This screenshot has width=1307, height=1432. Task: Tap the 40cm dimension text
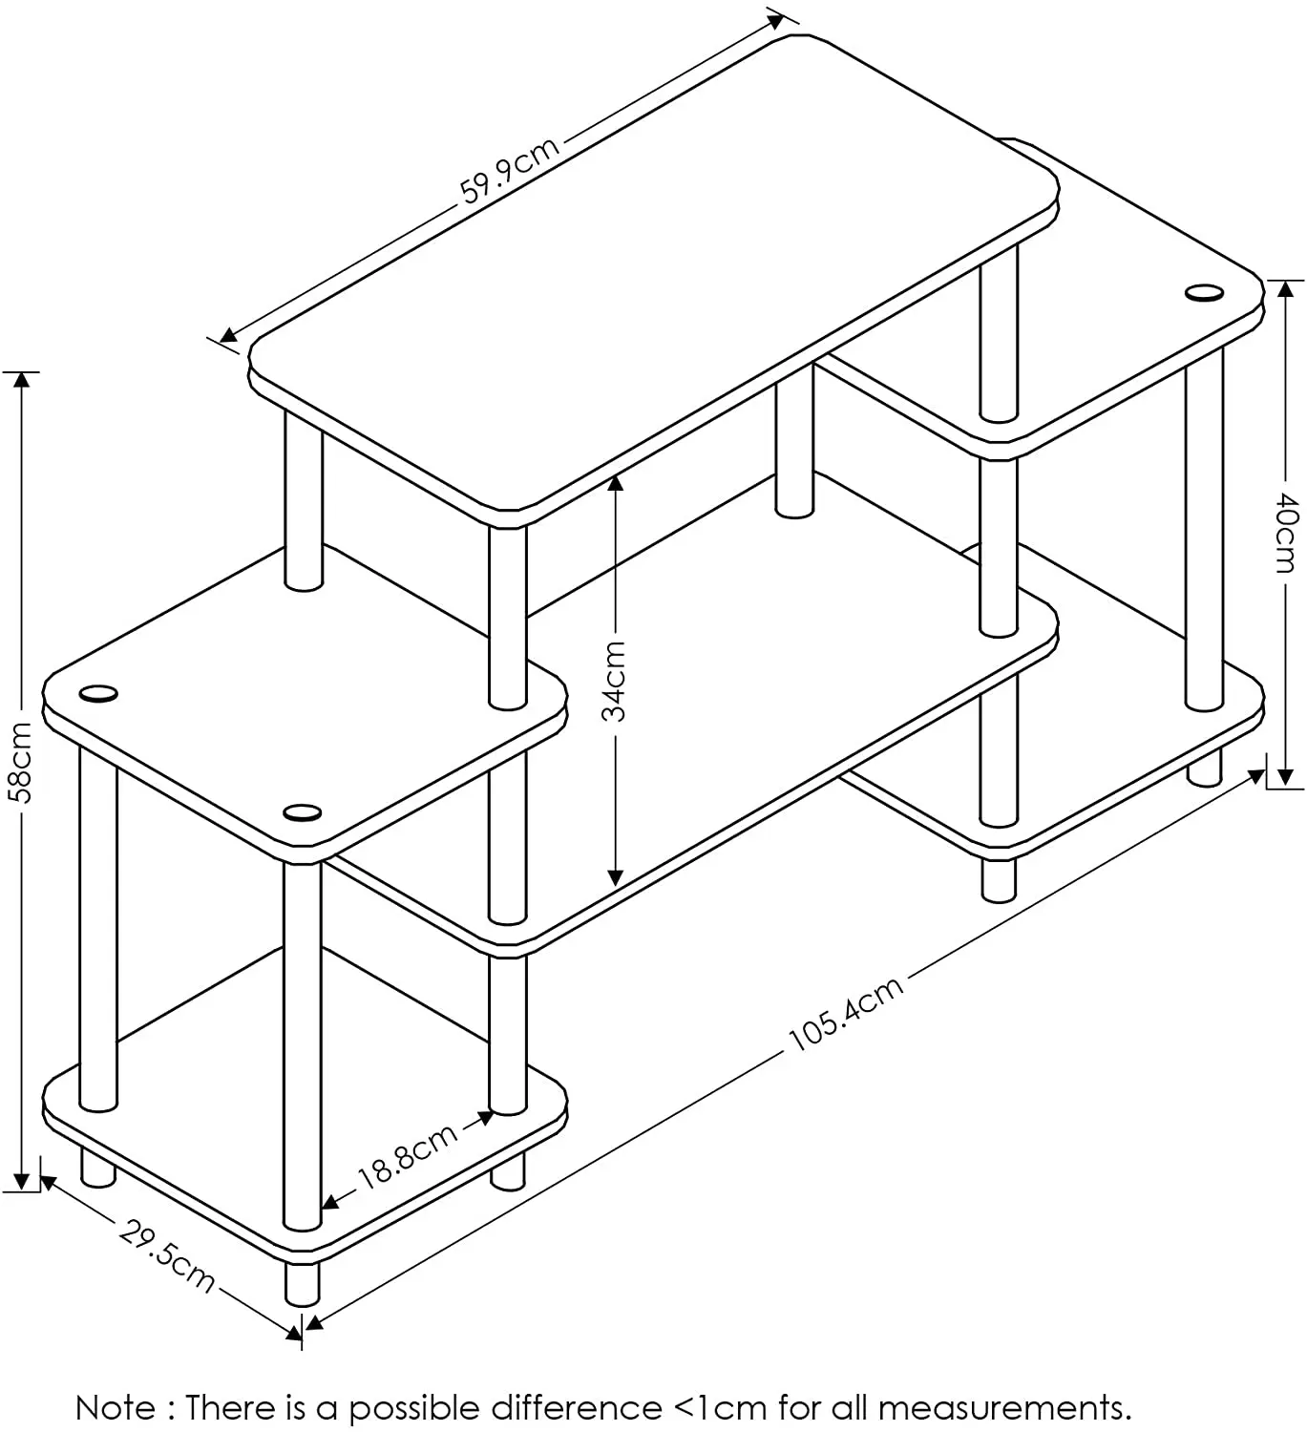(x=1287, y=533)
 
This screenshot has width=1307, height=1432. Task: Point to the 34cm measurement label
(x=616, y=681)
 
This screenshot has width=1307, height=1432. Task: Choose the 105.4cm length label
(x=846, y=1014)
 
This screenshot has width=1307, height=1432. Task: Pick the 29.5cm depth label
(x=167, y=1256)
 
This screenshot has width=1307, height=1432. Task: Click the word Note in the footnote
(x=116, y=1408)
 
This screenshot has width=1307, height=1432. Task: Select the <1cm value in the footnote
(x=721, y=1408)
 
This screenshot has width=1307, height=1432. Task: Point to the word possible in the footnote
(x=413, y=1408)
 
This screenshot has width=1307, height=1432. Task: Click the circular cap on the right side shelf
(x=1204, y=292)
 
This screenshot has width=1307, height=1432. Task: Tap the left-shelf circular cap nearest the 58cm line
(x=98, y=693)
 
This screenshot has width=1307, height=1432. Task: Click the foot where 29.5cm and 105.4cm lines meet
(x=302, y=1284)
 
